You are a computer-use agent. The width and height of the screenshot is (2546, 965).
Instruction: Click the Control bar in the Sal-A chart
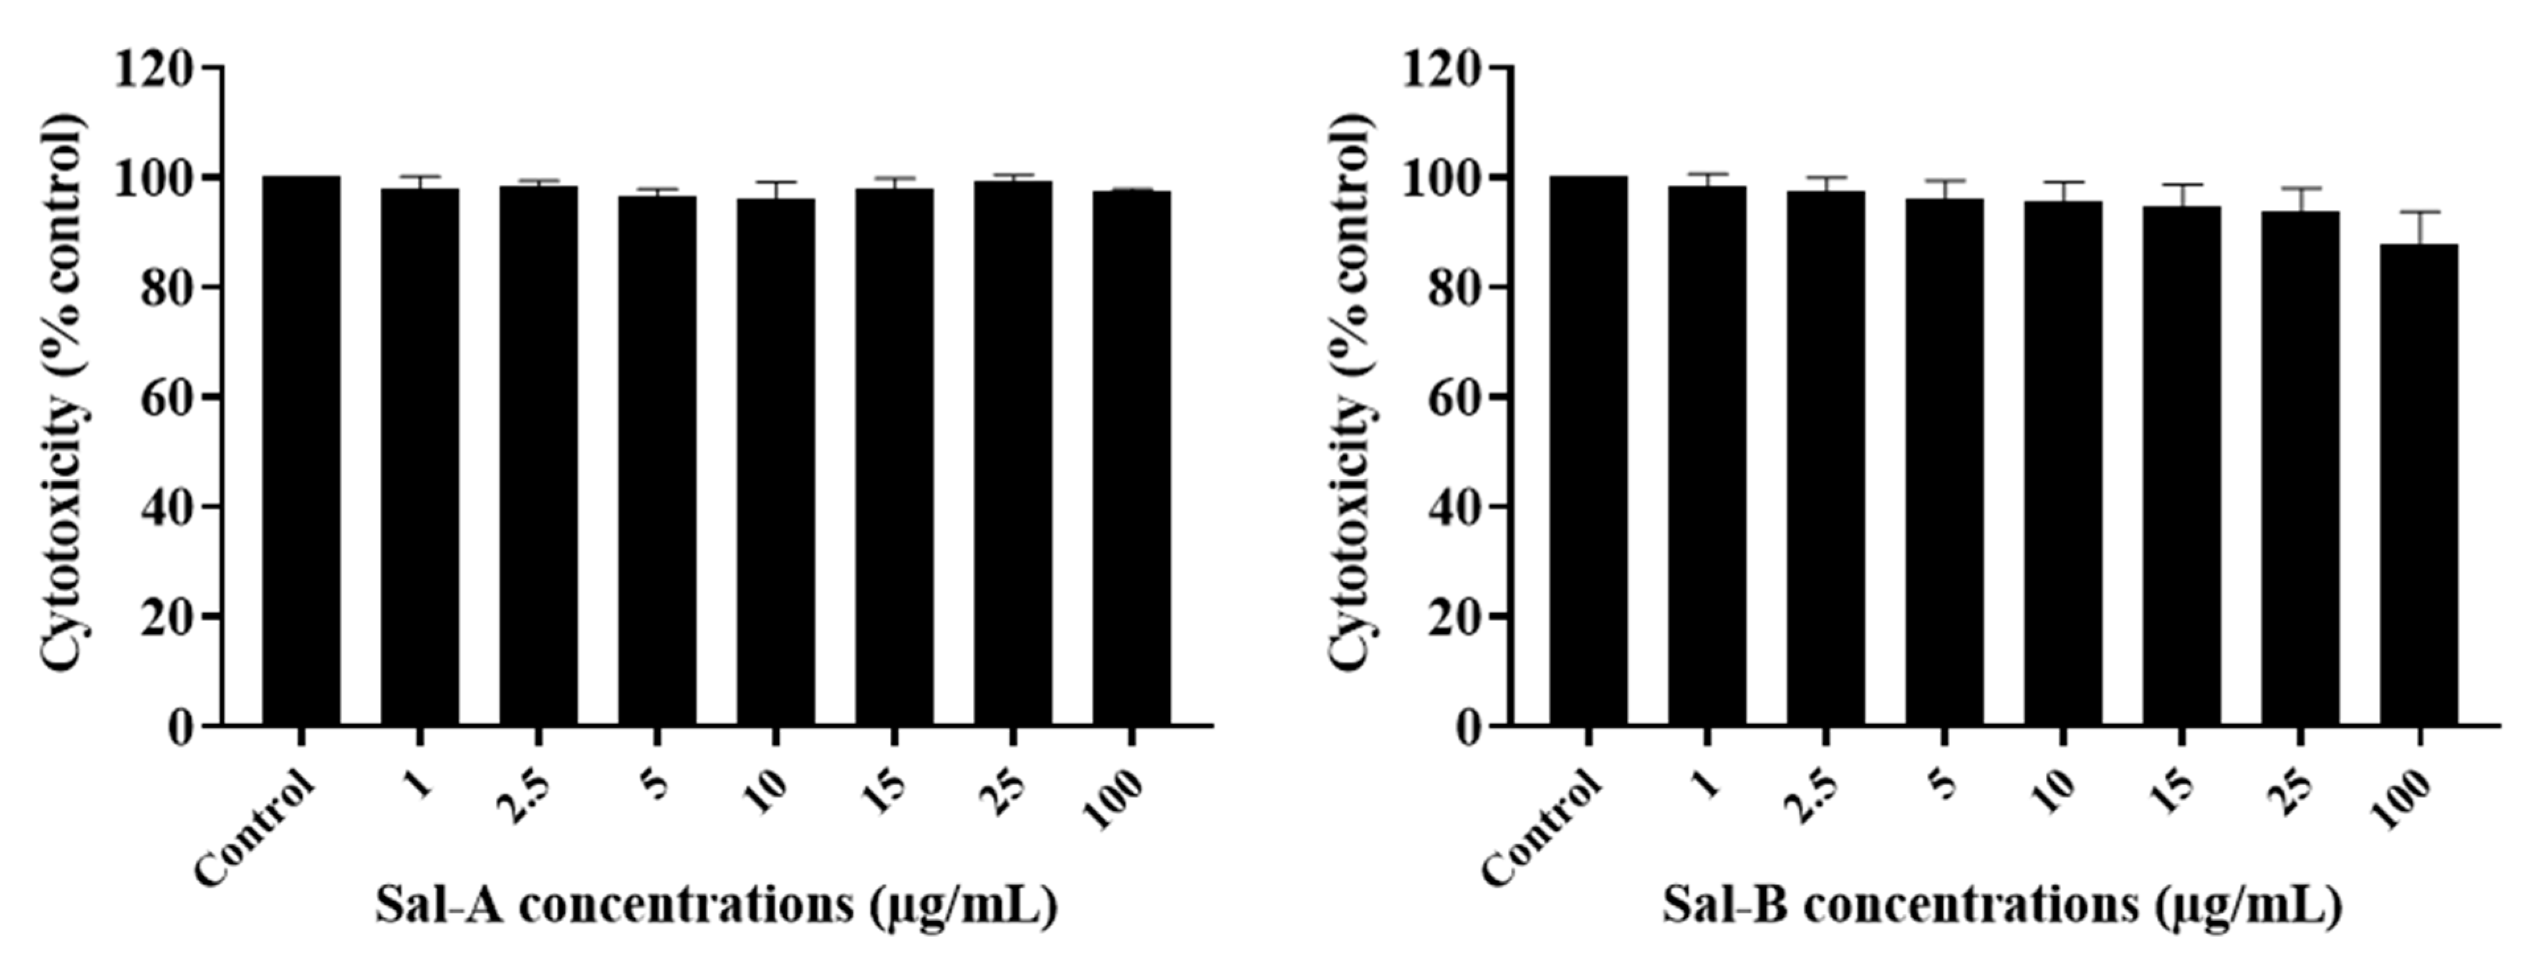pyautogui.click(x=301, y=450)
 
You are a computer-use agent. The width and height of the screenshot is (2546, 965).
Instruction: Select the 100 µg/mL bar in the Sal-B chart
pyautogui.click(x=2419, y=484)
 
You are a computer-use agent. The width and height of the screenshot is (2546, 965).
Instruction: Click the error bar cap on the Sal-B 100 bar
pyautogui.click(x=2419, y=211)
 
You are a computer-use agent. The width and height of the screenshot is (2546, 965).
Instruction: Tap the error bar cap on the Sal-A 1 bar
pyautogui.click(x=420, y=177)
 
